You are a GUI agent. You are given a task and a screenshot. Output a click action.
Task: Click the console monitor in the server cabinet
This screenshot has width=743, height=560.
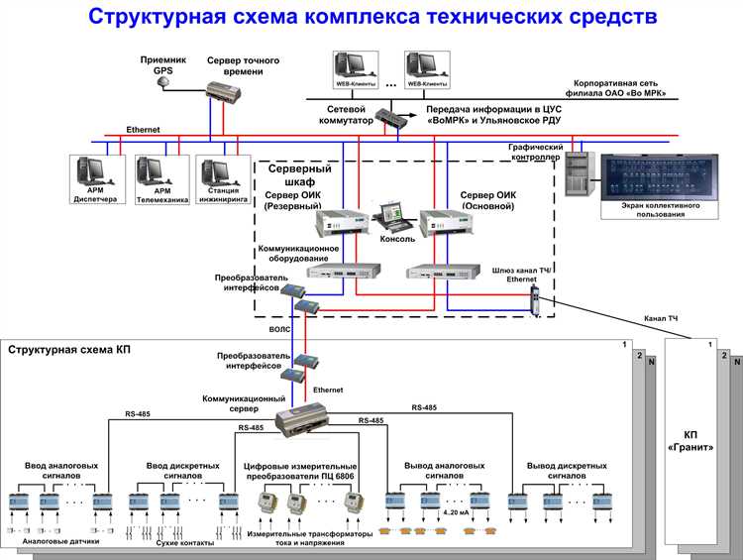click(x=390, y=217)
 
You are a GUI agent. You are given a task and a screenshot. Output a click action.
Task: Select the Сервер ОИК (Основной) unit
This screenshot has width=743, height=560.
click(x=442, y=224)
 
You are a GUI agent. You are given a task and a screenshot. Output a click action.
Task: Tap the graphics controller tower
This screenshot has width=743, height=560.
click(x=578, y=174)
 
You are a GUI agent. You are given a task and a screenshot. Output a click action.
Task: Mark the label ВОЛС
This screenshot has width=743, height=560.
click(x=281, y=325)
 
